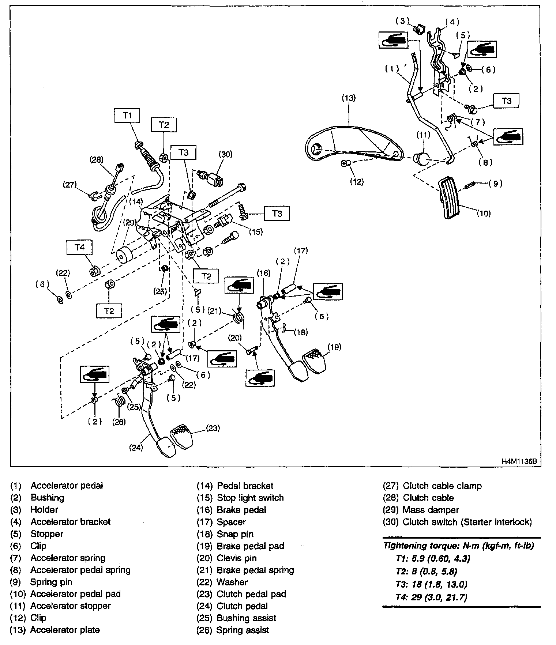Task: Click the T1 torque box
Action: (127, 116)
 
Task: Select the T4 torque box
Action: (79, 248)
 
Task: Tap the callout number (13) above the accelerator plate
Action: (349, 98)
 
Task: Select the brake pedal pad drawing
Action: (314, 361)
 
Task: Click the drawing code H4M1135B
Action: (519, 461)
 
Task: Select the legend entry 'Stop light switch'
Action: (250, 498)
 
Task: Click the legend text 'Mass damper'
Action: (431, 510)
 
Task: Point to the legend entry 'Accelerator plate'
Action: (65, 630)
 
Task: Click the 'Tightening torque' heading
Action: (458, 546)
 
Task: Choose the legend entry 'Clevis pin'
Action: (237, 558)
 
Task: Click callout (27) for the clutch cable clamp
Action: (69, 185)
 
